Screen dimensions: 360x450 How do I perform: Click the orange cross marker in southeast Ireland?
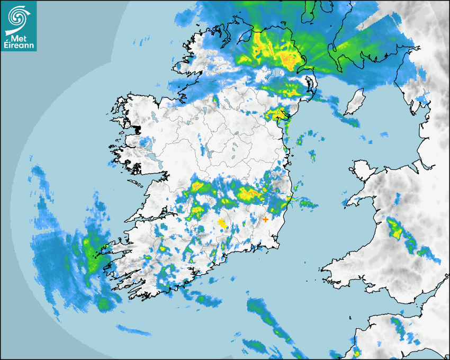click(265, 219)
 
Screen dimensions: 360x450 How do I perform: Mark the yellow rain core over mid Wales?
click(395, 229)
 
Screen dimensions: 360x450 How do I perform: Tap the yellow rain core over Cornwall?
click(357, 353)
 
